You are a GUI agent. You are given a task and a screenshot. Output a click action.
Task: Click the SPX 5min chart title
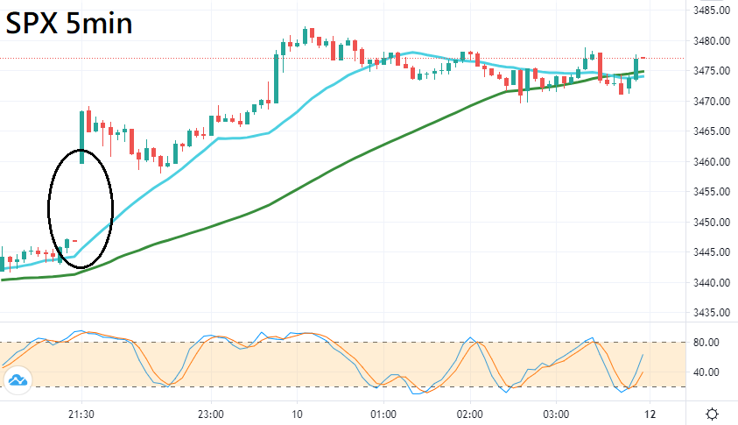[70, 24]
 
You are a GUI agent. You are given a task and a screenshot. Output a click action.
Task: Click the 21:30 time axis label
[81, 414]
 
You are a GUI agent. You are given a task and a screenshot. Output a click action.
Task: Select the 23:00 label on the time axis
[211, 414]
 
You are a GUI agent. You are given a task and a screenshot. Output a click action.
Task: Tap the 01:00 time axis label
[383, 414]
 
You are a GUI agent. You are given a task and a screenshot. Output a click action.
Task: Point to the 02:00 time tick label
[469, 414]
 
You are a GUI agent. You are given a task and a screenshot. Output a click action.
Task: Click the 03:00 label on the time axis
[556, 414]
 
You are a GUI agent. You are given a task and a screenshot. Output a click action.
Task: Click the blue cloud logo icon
[18, 380]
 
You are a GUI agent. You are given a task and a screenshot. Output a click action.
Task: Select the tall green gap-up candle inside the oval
[82, 137]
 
